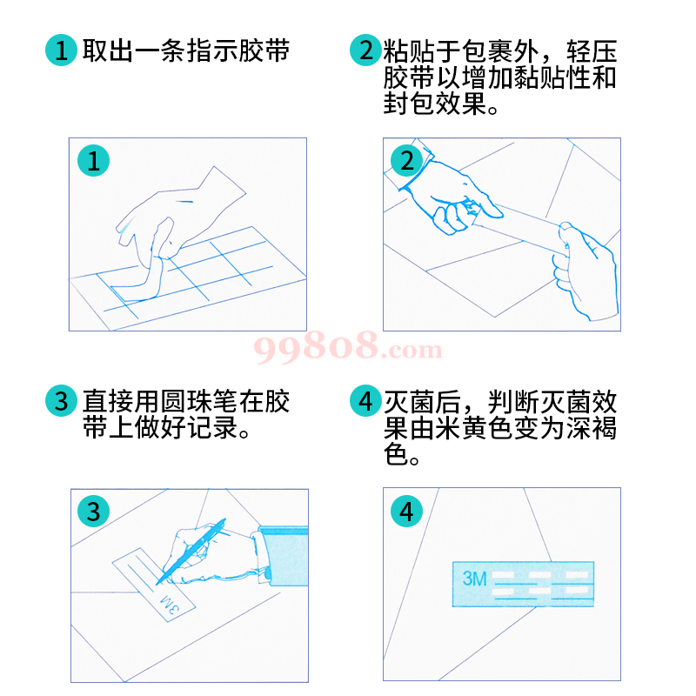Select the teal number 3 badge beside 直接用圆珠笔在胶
[60, 401]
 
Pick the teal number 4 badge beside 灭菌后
[365, 401]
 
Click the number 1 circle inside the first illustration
[93, 160]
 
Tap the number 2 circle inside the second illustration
[405, 160]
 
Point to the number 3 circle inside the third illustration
[93, 511]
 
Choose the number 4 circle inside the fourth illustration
[405, 511]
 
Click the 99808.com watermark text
[348, 350]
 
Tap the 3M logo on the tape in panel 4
[474, 579]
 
